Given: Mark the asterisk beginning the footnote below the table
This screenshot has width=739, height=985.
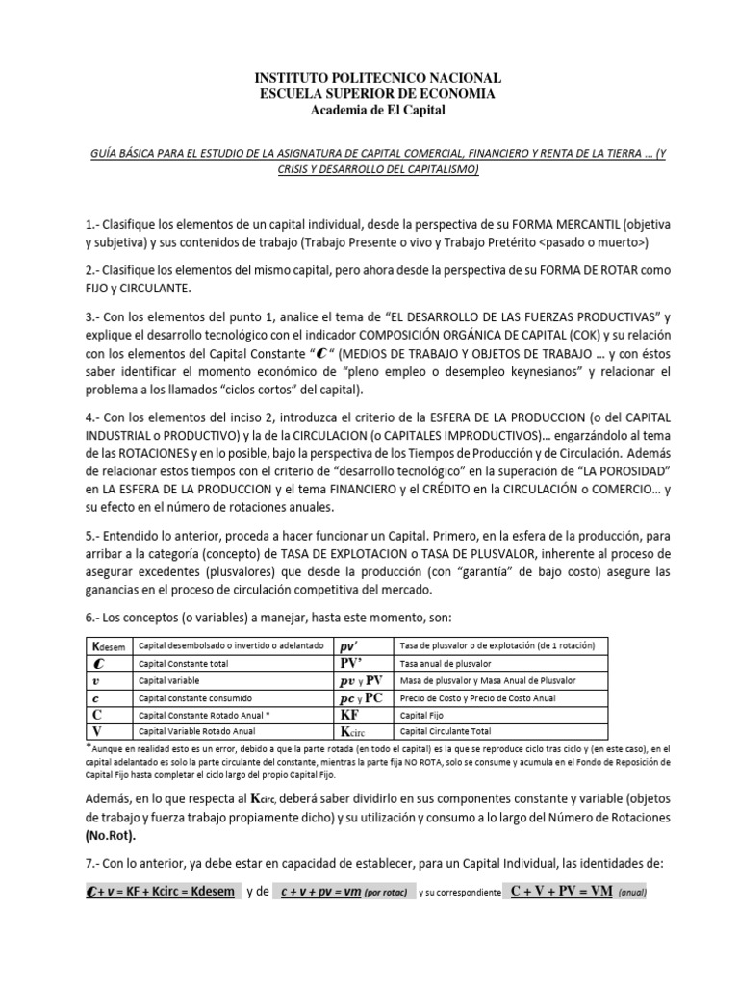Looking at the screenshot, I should [x=89, y=747].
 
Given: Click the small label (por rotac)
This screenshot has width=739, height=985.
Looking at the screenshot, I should [x=386, y=893].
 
